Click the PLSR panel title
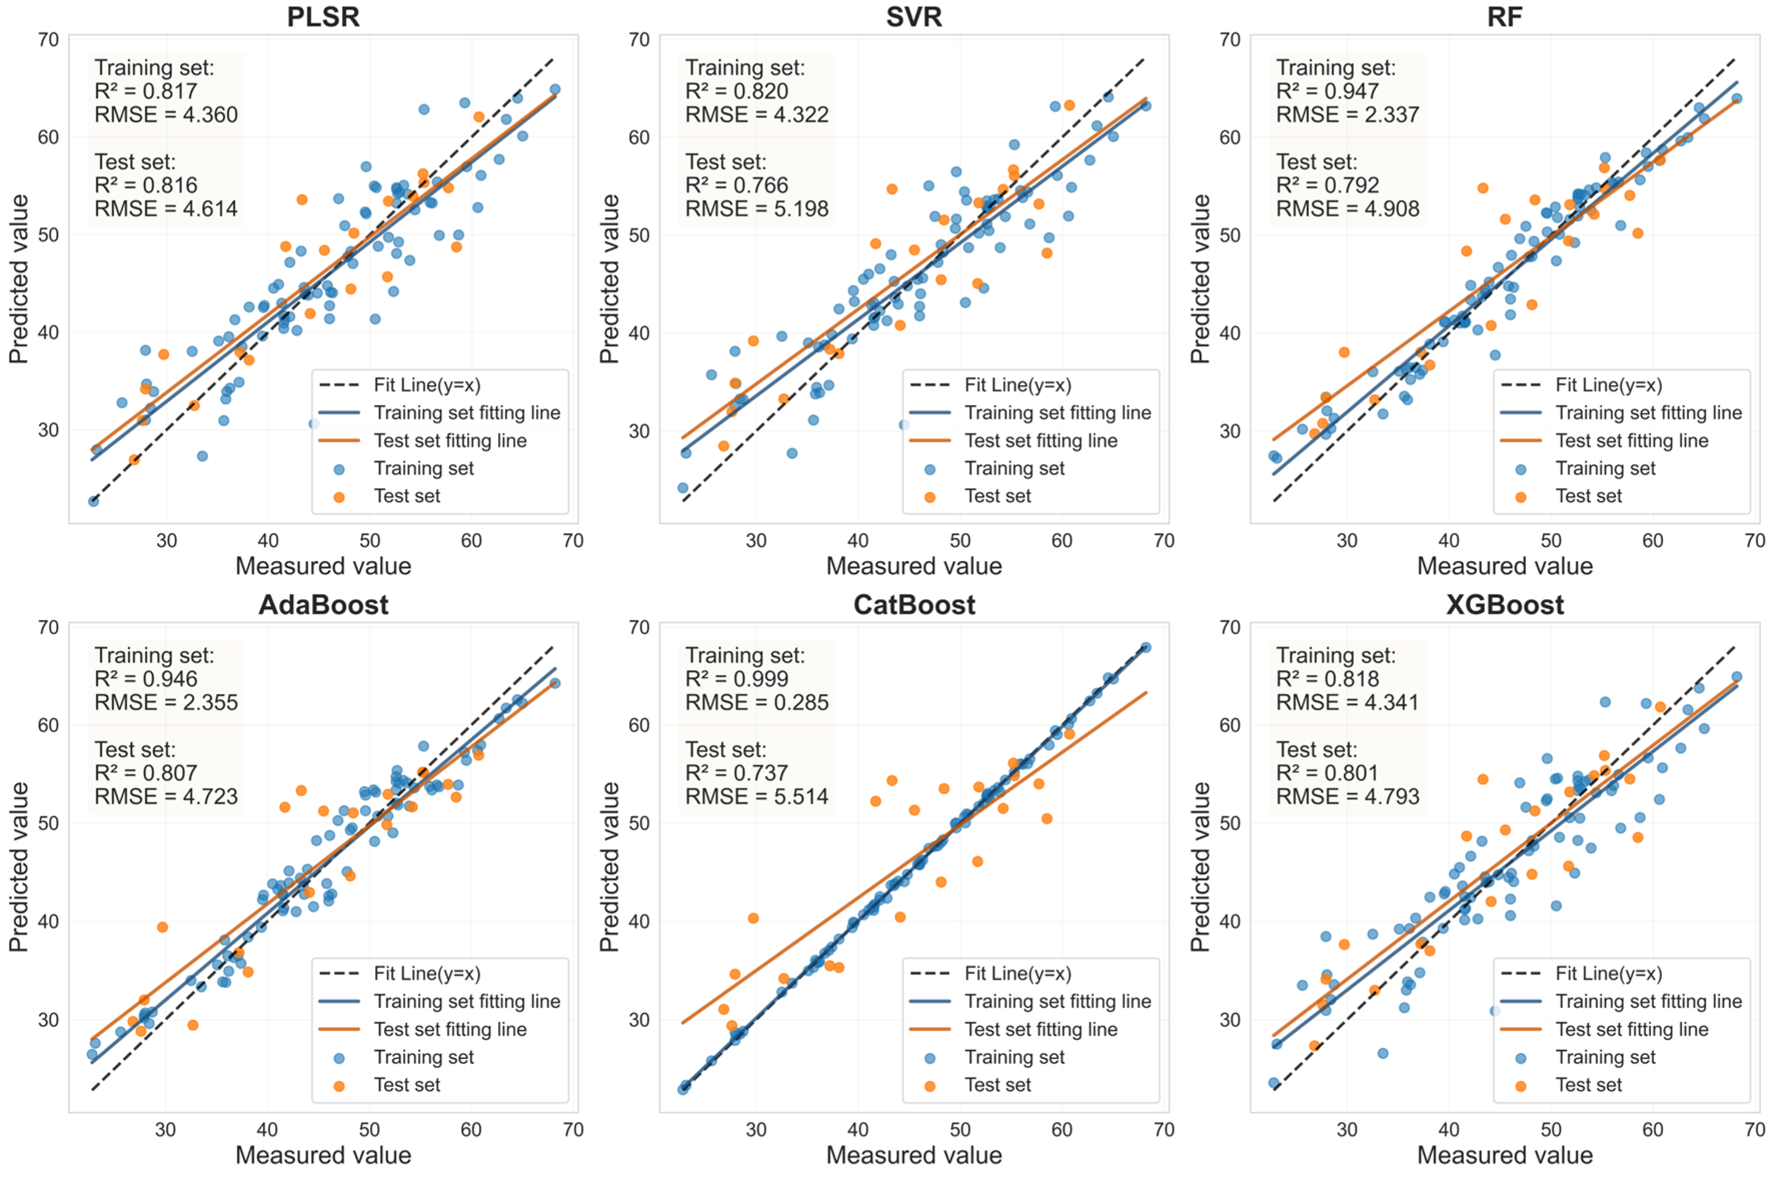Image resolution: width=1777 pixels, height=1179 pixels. tap(323, 17)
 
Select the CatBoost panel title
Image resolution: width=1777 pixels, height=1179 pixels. tap(914, 605)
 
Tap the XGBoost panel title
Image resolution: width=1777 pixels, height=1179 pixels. tap(1505, 605)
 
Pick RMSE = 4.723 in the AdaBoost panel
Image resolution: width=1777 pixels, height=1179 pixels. tap(166, 796)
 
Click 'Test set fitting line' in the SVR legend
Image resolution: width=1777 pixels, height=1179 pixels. tap(1041, 441)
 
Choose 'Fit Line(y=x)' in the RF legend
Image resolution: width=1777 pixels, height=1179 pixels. tap(1608, 385)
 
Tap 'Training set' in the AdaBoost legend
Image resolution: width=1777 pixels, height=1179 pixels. tap(424, 1057)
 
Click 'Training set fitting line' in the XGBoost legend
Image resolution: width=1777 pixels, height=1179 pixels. tap(1648, 1001)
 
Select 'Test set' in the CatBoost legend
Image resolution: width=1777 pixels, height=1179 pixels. tap(997, 1085)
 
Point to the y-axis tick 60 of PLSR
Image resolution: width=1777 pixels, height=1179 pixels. tap(48, 138)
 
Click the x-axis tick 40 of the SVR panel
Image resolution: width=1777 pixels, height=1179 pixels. tap(858, 541)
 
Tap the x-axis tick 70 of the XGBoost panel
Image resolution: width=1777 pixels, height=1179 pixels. tap(1754, 1129)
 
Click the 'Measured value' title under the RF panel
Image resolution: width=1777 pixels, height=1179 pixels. tap(1505, 566)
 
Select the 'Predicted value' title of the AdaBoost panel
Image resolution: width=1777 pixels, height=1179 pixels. tap(19, 867)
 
